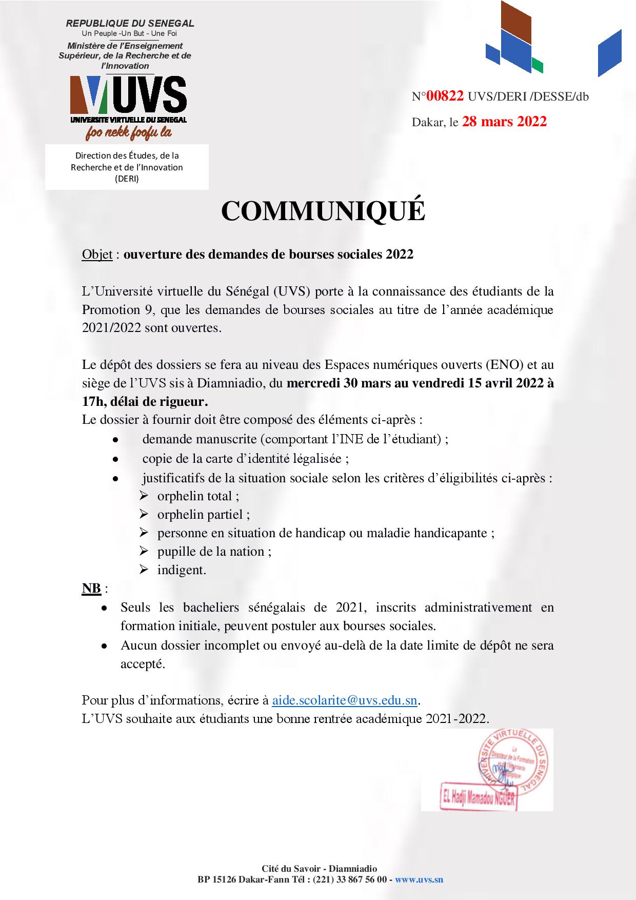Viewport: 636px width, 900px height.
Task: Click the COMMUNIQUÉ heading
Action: click(x=323, y=211)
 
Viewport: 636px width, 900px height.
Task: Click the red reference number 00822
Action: click(x=445, y=96)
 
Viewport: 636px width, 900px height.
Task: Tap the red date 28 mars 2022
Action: click(x=504, y=122)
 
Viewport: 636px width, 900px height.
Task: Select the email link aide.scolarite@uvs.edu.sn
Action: click(x=345, y=700)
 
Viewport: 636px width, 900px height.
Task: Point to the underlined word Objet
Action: click(x=97, y=255)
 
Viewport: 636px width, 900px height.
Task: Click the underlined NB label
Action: click(x=91, y=588)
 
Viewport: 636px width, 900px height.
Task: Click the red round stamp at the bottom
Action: click(x=513, y=765)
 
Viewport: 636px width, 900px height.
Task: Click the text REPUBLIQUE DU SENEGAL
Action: click(x=130, y=24)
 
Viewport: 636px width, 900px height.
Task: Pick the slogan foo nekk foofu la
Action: click(x=129, y=133)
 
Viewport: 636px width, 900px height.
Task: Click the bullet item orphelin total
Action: click(x=198, y=496)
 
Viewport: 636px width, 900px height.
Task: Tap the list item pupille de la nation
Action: click(x=214, y=552)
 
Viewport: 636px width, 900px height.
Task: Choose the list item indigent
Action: click(x=182, y=570)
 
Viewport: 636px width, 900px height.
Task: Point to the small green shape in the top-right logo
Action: click(x=537, y=66)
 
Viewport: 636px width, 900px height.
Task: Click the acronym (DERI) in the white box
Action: click(x=127, y=179)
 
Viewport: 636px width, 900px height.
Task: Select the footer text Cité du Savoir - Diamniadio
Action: click(x=320, y=869)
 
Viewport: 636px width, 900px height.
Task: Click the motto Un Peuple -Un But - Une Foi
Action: click(x=129, y=33)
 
